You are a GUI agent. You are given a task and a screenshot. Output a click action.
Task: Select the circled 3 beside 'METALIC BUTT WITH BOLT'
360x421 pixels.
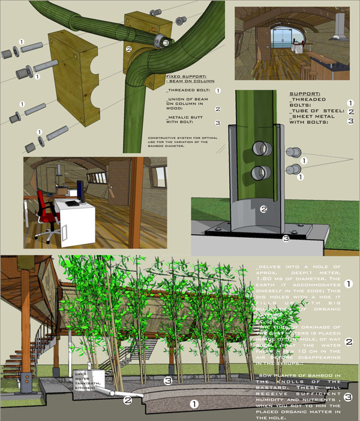click(218, 123)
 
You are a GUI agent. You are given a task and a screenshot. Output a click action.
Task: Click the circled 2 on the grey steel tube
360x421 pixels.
click(263, 209)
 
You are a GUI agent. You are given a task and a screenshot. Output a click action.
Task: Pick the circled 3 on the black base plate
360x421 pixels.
click(286, 238)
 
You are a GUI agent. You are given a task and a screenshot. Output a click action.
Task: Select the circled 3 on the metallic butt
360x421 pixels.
click(166, 43)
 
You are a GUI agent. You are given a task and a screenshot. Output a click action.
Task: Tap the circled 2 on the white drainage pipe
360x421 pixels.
click(127, 399)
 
